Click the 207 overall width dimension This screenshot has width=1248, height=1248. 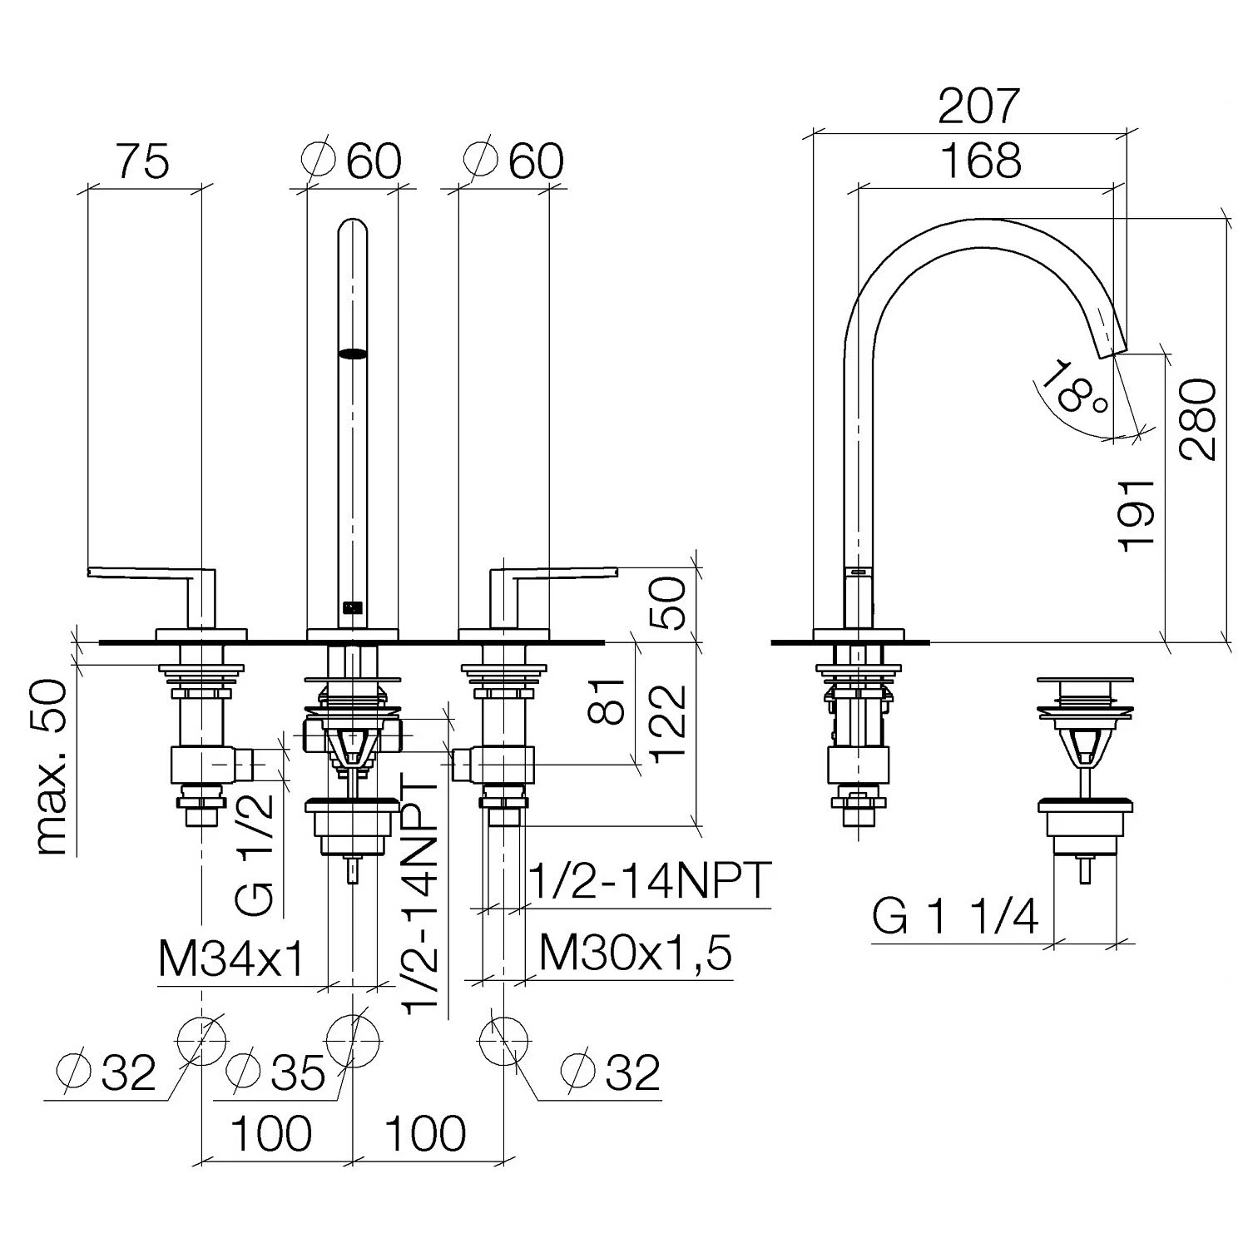[978, 106]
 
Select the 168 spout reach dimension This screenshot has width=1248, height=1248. [982, 160]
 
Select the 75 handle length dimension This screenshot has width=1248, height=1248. [142, 161]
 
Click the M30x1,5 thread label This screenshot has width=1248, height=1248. [636, 953]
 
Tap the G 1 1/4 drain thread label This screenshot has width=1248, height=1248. [956, 919]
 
